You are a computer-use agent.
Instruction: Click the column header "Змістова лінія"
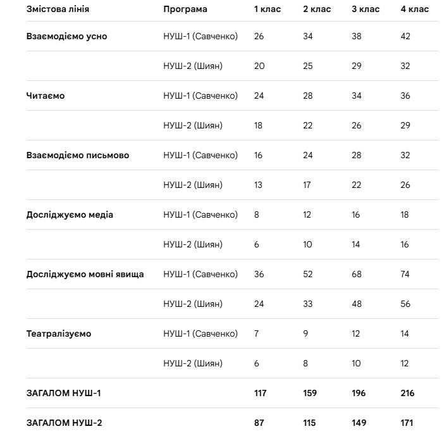click(x=58, y=9)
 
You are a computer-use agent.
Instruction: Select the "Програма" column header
click(x=185, y=9)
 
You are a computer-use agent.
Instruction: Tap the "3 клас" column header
click(x=365, y=9)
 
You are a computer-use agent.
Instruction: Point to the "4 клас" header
click(x=414, y=9)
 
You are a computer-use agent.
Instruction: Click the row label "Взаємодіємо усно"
click(x=66, y=37)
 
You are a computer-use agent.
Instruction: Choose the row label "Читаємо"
click(x=46, y=96)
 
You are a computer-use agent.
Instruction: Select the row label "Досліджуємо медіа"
click(x=70, y=215)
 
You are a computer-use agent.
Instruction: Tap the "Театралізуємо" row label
click(x=59, y=334)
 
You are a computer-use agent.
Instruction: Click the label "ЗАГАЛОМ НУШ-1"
click(x=63, y=394)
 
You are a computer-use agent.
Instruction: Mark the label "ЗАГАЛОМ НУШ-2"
click(x=64, y=423)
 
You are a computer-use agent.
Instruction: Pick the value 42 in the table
click(x=405, y=37)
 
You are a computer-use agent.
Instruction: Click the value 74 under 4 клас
click(x=405, y=275)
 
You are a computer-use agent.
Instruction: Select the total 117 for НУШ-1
click(x=260, y=394)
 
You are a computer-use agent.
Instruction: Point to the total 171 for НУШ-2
click(x=407, y=423)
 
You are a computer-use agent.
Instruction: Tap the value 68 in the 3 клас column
click(x=357, y=275)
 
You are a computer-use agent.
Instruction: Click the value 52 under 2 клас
click(x=308, y=275)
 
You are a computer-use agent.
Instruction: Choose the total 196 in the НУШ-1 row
click(x=359, y=394)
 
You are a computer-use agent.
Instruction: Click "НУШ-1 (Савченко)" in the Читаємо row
click(x=200, y=96)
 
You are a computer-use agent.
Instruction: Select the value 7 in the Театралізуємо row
click(x=256, y=334)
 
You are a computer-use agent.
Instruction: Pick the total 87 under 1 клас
click(x=259, y=423)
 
